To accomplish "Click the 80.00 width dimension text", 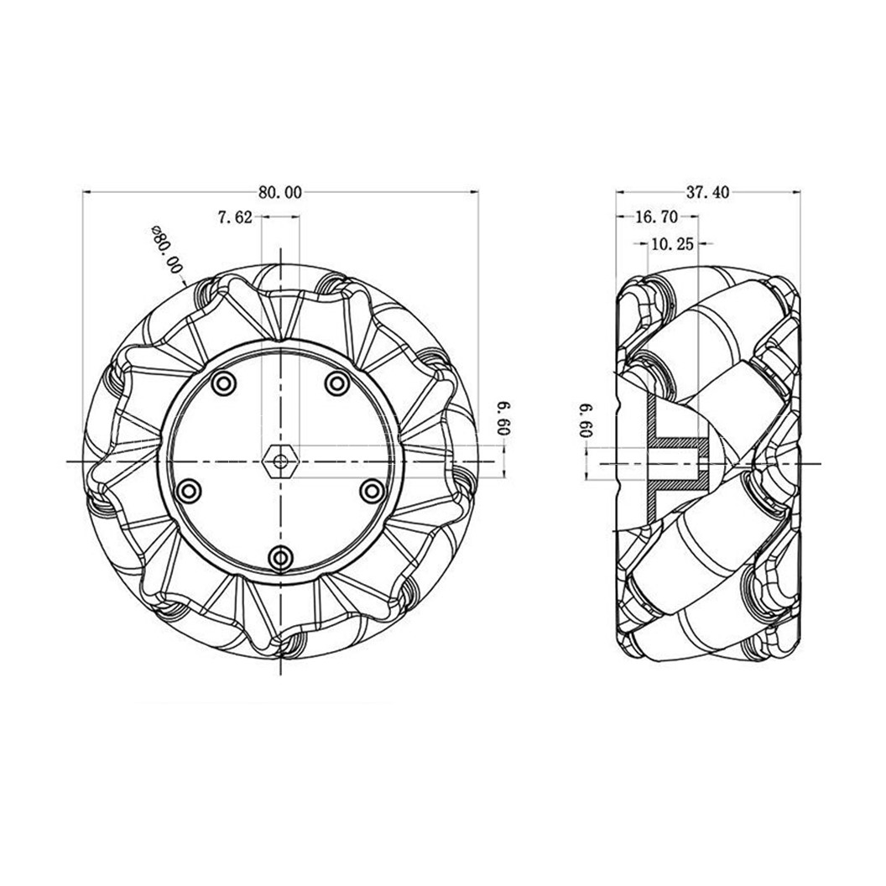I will pyautogui.click(x=279, y=192).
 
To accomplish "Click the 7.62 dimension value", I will pyautogui.click(x=235, y=217).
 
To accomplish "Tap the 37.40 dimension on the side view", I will pyautogui.click(x=707, y=192).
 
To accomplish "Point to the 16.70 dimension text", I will pyautogui.click(x=656, y=217).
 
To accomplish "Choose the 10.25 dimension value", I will pyautogui.click(x=670, y=244).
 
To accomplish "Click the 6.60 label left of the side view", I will pyautogui.click(x=585, y=419).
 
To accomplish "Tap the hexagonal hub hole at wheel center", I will pyautogui.click(x=279, y=461).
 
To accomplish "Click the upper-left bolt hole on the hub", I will pyautogui.click(x=222, y=384).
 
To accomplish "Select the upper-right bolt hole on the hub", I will pyautogui.click(x=337, y=384).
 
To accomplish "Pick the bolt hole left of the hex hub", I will pyautogui.click(x=190, y=490).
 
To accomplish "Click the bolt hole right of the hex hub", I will pyautogui.click(x=370, y=490).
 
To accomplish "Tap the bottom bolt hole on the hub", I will pyautogui.click(x=281, y=556).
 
